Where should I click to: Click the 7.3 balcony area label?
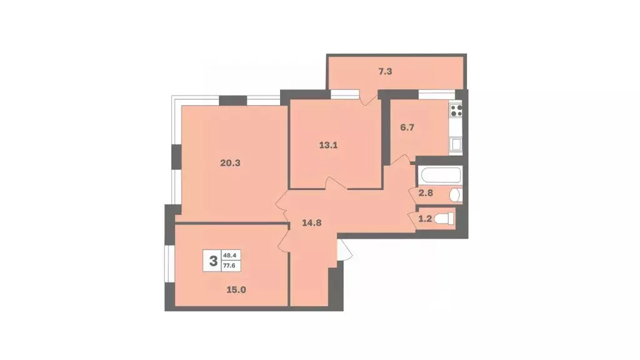pyautogui.click(x=384, y=71)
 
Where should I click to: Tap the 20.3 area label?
pyautogui.click(x=230, y=162)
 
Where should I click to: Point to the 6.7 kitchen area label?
pyautogui.click(x=407, y=127)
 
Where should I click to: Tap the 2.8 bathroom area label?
pyautogui.click(x=425, y=193)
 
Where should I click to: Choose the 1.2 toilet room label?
pyautogui.click(x=425, y=219)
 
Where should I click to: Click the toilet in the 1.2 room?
pyautogui.click(x=444, y=219)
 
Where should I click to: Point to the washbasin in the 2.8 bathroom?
pyautogui.click(x=456, y=194)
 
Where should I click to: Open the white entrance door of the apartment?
pyautogui.click(x=342, y=251)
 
